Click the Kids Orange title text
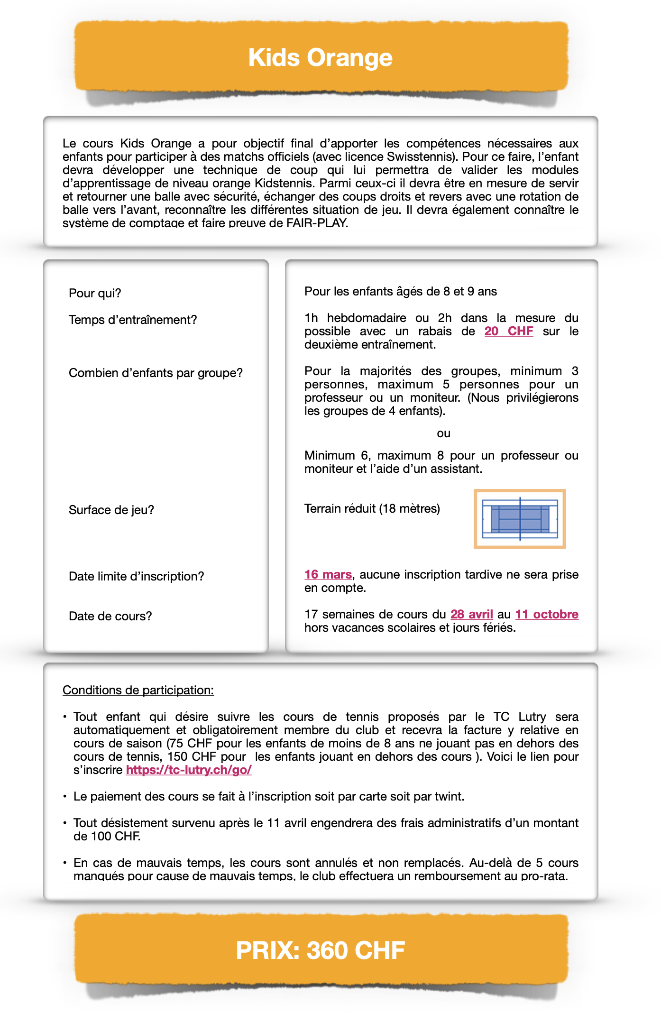point(321,58)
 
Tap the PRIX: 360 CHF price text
point(321,950)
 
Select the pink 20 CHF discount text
point(509,331)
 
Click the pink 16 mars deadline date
point(328,574)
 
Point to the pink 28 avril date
point(472,614)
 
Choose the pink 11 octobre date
point(547,614)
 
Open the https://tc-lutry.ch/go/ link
point(189,770)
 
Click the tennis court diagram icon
point(520,519)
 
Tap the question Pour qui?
point(95,293)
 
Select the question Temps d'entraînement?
point(133,320)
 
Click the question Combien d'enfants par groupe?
point(156,373)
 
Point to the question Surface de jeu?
point(111,510)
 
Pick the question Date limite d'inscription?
point(137,576)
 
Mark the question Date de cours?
point(110,616)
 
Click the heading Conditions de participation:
point(138,690)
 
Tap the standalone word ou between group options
point(444,433)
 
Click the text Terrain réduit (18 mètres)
point(372,508)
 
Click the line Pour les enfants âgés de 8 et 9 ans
point(401,291)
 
